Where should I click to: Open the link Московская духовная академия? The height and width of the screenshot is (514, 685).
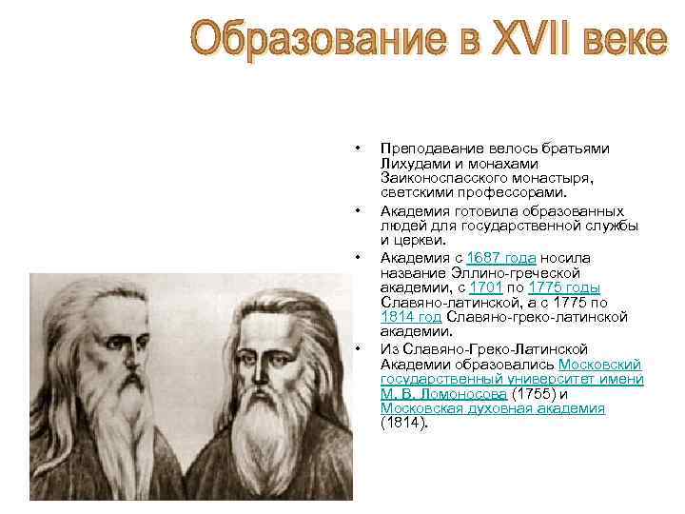493,407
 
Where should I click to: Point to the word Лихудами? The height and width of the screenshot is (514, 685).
411,163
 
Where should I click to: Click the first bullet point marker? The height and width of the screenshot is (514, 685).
356,149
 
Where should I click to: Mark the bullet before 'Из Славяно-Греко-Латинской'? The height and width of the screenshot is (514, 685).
356,349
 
